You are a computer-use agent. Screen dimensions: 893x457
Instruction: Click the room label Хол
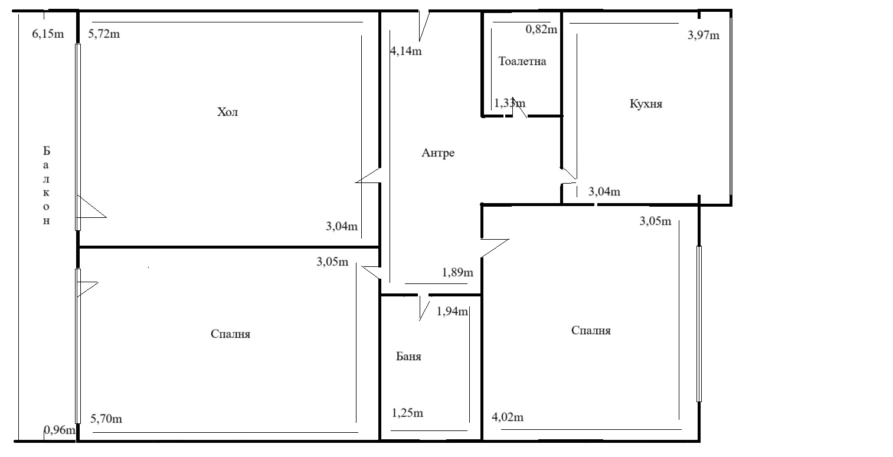(x=227, y=112)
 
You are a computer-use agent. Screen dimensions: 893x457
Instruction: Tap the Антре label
(x=438, y=153)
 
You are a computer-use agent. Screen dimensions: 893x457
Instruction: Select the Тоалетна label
(x=522, y=61)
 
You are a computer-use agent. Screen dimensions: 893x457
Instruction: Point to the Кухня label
(x=646, y=104)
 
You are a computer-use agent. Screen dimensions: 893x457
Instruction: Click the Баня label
(x=408, y=356)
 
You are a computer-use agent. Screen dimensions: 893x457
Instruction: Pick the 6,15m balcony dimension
(x=48, y=34)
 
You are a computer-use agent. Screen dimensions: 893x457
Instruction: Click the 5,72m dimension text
(x=104, y=34)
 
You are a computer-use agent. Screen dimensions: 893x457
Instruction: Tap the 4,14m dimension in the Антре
(x=405, y=51)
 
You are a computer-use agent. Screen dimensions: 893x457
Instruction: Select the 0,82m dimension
(x=541, y=29)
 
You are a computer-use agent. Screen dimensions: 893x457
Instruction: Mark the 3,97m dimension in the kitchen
(x=704, y=35)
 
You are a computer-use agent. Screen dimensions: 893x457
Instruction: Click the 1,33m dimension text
(x=510, y=103)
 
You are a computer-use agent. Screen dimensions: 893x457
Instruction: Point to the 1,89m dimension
(x=457, y=273)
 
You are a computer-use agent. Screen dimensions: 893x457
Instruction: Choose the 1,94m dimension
(x=452, y=311)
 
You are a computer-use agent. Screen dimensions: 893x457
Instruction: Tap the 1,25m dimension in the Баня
(x=407, y=413)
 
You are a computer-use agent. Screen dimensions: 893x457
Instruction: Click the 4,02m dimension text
(x=508, y=417)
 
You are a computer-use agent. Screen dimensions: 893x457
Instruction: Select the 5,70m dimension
(x=106, y=419)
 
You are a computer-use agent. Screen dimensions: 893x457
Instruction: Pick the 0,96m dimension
(x=60, y=430)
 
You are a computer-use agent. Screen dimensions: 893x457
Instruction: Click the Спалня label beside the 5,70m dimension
(x=230, y=334)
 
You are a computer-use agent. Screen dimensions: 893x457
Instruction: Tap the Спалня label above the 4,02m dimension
(x=591, y=330)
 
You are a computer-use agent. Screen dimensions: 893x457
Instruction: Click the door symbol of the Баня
(x=424, y=308)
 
